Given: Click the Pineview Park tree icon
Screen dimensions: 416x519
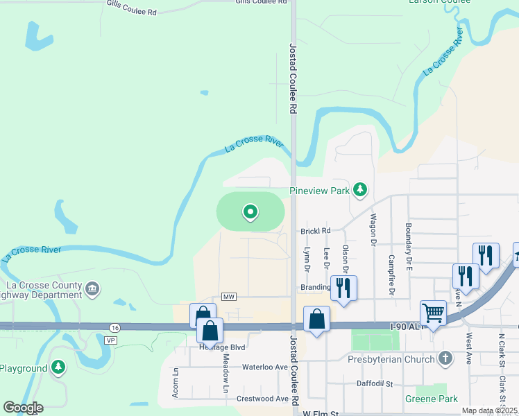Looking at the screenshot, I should tap(359, 189).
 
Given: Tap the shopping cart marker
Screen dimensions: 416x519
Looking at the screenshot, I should tap(433, 313).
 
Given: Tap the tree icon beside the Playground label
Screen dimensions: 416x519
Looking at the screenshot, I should tap(59, 368).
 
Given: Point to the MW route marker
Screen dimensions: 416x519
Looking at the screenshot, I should tap(229, 297).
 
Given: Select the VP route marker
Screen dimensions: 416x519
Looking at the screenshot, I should tap(110, 340).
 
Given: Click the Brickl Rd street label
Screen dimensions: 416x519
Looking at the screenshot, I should tap(316, 231).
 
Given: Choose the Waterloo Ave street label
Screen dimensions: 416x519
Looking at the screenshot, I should tap(264, 367).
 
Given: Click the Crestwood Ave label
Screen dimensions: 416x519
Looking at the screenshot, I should tap(262, 399).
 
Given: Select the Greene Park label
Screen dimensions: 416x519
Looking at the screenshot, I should tap(432, 399).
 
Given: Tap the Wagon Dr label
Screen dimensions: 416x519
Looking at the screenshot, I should tap(373, 234).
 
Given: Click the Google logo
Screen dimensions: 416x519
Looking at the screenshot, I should tap(23, 408).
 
